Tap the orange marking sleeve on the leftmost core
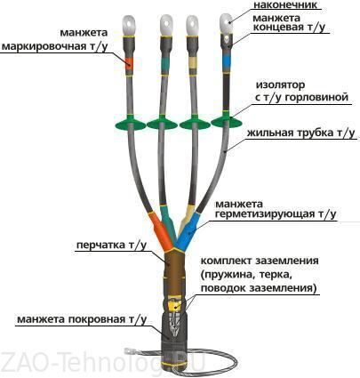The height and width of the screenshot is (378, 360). (129, 63)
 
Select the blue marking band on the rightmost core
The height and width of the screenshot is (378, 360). (227, 61)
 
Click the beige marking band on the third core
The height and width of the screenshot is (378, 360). (192, 63)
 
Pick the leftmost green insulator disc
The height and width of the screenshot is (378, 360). (131, 124)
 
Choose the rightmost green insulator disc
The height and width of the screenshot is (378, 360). (227, 121)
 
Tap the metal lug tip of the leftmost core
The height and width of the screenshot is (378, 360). (129, 26)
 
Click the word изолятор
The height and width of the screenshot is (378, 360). (280, 85)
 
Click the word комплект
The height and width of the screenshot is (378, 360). (226, 261)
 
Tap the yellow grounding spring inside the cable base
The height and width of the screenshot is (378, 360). (174, 303)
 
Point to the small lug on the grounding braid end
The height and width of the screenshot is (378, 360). (129, 352)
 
